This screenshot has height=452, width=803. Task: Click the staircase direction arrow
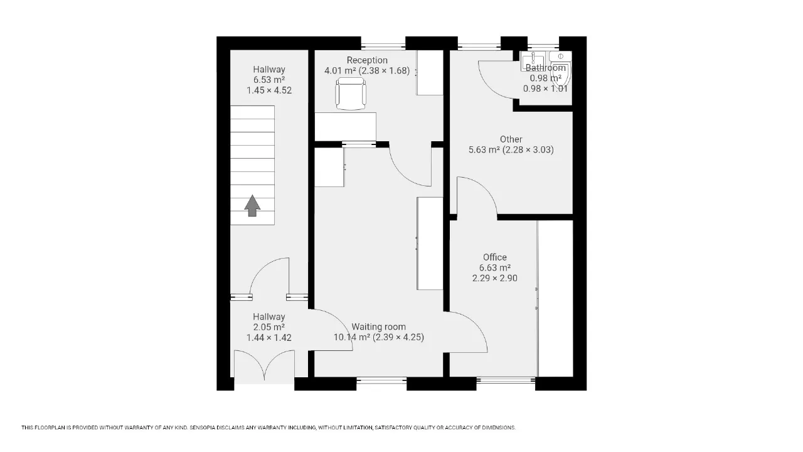(252, 205)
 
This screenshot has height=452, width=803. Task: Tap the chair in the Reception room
(351, 94)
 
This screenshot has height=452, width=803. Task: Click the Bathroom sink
(533, 61)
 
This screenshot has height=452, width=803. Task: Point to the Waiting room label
(378, 327)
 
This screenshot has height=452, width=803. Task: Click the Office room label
(495, 257)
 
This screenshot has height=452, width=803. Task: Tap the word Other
(511, 139)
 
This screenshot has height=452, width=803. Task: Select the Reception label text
(367, 60)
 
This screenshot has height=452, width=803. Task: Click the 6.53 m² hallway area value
(269, 80)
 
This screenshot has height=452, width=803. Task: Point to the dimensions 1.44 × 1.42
(269, 338)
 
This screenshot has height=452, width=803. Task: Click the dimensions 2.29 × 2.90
(495, 278)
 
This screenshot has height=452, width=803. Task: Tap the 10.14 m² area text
(352, 337)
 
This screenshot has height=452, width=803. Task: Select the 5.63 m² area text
(484, 149)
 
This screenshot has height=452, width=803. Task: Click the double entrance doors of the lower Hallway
(265, 364)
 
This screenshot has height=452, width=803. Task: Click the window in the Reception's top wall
(383, 46)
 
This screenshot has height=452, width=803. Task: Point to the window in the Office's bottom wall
(506, 380)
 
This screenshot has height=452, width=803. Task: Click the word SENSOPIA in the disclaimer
(202, 428)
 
